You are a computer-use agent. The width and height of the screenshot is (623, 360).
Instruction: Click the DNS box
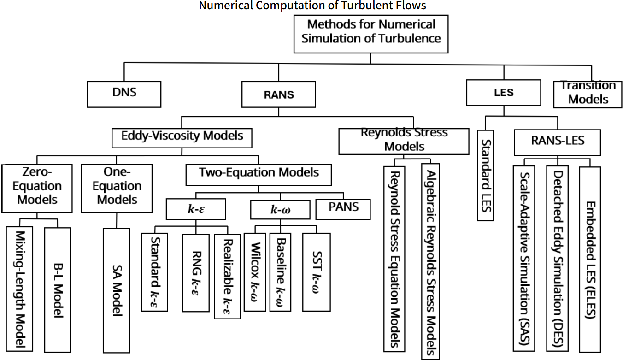(x=124, y=94)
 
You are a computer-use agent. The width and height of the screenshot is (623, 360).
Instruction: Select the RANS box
(x=279, y=95)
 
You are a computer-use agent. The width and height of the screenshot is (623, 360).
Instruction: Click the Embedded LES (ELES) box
(x=590, y=259)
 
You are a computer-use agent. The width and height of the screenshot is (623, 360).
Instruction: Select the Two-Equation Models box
(x=259, y=173)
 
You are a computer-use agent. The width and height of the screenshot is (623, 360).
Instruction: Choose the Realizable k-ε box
(x=228, y=275)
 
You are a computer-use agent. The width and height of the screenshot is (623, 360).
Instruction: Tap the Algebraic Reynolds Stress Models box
(x=430, y=261)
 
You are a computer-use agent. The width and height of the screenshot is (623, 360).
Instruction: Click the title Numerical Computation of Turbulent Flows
(x=312, y=6)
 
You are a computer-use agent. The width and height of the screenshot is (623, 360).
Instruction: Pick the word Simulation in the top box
(x=331, y=38)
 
